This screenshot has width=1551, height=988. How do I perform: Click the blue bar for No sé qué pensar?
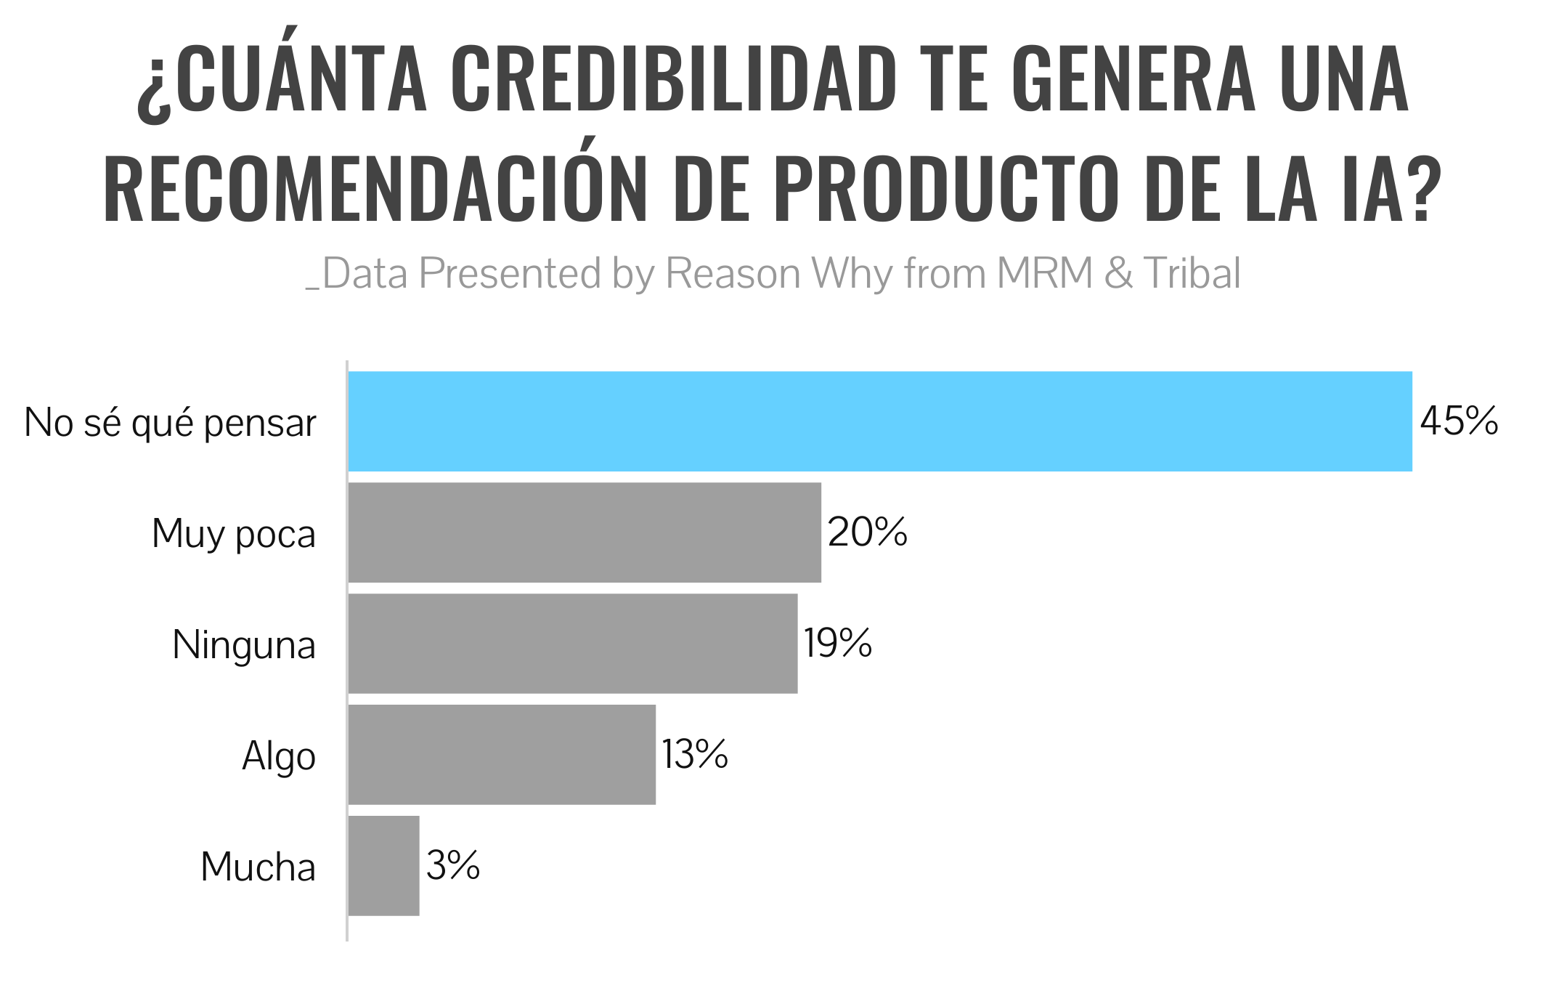[880, 421]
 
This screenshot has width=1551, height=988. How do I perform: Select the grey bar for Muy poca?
[585, 533]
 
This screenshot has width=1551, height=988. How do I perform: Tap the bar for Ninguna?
[573, 644]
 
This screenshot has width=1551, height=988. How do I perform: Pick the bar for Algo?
[502, 755]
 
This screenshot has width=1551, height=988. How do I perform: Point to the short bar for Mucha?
[384, 866]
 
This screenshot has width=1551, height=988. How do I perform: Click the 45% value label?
[1459, 421]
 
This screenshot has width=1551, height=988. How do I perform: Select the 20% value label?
[868, 533]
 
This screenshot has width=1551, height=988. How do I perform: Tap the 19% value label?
[838, 644]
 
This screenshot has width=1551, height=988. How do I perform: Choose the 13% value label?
[695, 755]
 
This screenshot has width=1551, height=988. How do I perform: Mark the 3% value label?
[453, 866]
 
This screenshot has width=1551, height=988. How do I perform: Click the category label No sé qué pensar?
[171, 424]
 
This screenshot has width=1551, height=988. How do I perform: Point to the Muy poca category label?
[234, 535]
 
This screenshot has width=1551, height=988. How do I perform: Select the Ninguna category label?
[244, 645]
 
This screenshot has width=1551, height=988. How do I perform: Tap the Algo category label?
[279, 757]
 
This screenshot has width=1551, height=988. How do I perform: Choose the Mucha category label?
[258, 867]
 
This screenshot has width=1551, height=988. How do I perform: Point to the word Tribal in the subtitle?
[1192, 274]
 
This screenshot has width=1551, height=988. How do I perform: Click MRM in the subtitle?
[1045, 274]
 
